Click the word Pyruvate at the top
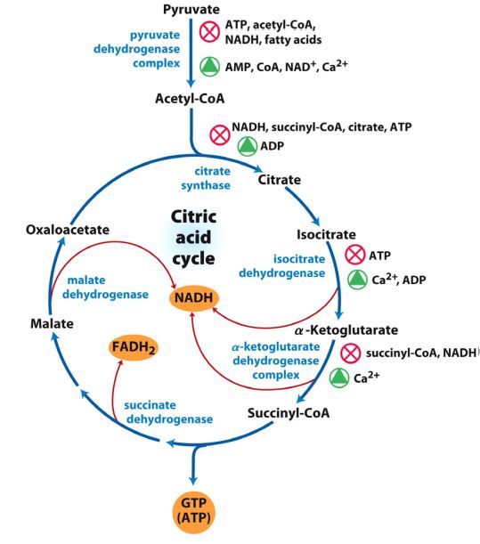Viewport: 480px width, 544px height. tap(192, 9)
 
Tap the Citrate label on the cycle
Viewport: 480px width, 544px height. tap(279, 181)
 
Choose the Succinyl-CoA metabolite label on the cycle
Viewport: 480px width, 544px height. tap(289, 413)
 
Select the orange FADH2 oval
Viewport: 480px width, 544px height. tap(133, 347)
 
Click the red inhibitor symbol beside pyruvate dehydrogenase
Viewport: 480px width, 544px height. tap(209, 34)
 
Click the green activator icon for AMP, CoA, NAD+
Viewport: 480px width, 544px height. tap(209, 65)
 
